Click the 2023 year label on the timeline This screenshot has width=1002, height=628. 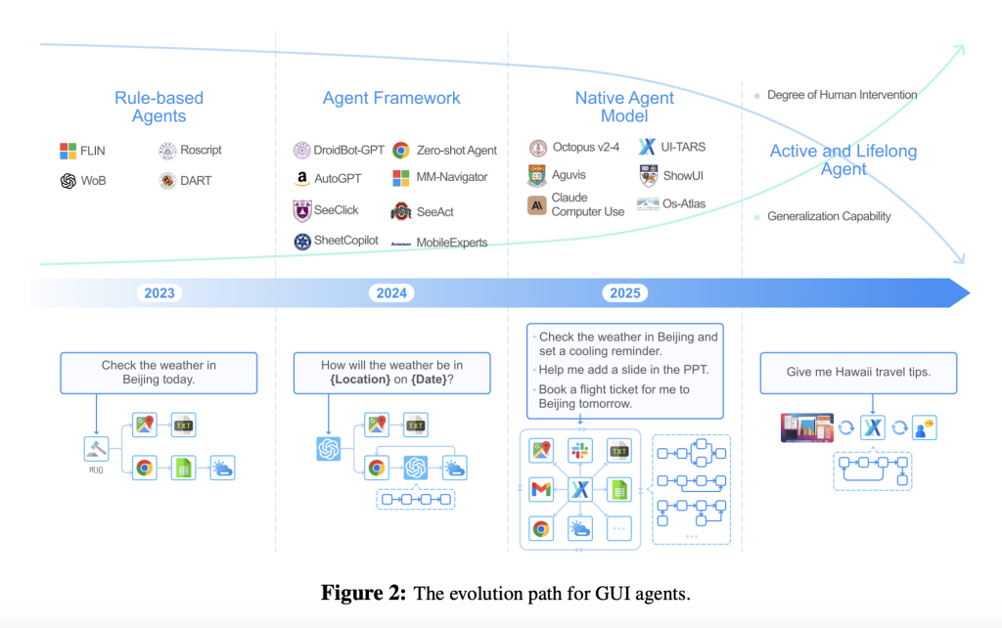click(x=159, y=293)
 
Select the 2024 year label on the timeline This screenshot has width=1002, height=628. click(x=391, y=293)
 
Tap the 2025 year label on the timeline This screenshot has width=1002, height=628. click(x=624, y=293)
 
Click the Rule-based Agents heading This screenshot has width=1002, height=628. click(x=159, y=107)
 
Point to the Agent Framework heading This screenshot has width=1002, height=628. click(x=391, y=98)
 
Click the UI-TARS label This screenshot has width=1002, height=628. click(x=683, y=147)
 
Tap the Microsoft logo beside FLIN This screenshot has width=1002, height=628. click(x=68, y=151)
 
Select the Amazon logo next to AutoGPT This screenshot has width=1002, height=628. click(x=301, y=178)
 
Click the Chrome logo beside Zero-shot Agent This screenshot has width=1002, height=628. click(x=400, y=150)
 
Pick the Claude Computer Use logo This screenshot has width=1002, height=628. click(x=537, y=205)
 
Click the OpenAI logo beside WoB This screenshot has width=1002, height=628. click(x=68, y=181)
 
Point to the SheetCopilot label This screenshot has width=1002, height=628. click(x=345, y=241)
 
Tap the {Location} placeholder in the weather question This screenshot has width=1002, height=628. click(x=360, y=380)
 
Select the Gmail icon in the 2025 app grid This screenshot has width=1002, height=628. click(x=540, y=490)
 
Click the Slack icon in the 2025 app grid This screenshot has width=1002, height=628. click(x=579, y=451)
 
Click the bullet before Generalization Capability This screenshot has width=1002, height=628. click(x=757, y=217)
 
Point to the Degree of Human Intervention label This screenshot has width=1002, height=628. click(x=842, y=95)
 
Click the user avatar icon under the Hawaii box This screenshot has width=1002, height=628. click(x=924, y=427)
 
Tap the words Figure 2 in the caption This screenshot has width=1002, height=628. click(x=363, y=593)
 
